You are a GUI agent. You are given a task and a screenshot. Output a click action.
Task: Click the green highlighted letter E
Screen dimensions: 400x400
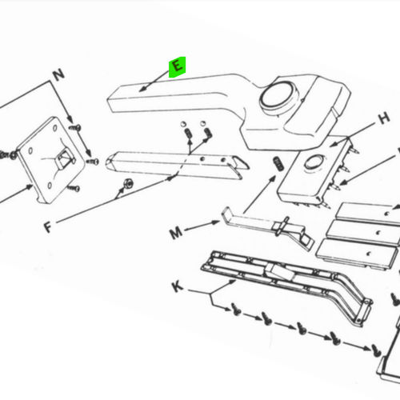pyautogui.click(x=176, y=66)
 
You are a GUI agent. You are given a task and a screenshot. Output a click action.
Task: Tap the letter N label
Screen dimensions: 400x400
pyautogui.click(x=57, y=77)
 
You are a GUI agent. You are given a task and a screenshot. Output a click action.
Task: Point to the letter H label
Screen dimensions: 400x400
pyautogui.click(x=383, y=118)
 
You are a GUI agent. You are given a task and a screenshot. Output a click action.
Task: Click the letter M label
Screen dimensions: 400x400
pyautogui.click(x=176, y=234)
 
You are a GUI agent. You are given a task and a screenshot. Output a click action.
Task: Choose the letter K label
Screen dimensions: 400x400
pyautogui.click(x=177, y=286)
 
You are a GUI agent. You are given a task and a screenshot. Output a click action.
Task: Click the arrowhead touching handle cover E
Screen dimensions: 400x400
pyautogui.click(x=142, y=89)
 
